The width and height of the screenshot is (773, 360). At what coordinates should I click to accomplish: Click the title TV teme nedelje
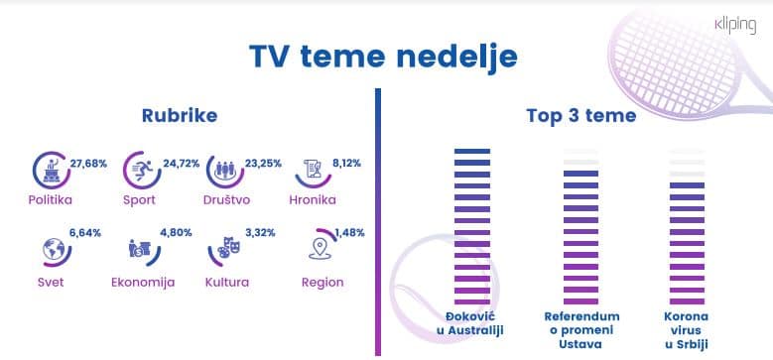tap(383, 57)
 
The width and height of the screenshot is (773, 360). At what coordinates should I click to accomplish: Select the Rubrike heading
tap(180, 116)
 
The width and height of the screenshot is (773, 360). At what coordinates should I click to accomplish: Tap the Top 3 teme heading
tap(581, 116)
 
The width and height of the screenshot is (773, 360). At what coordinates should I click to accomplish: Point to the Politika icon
tap(49, 170)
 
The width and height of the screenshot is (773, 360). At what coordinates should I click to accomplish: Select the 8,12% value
tap(347, 151)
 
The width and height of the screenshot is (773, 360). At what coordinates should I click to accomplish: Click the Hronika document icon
tap(314, 170)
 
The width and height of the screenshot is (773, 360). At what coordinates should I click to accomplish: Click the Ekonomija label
tap(143, 283)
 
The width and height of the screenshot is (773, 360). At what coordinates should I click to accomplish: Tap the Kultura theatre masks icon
tap(228, 251)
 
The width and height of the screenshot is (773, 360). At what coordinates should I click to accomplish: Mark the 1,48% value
tap(349, 234)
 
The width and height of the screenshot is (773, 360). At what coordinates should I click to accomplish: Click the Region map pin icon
tap(320, 250)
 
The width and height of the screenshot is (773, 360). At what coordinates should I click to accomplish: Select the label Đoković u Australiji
tap(471, 323)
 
